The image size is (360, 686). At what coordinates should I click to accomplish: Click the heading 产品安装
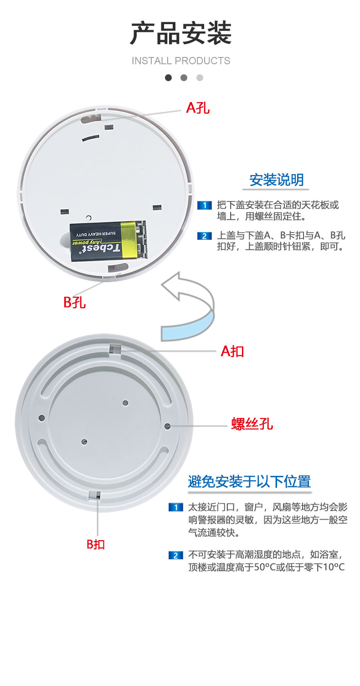180,33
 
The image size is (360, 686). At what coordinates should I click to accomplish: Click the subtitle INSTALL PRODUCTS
180,61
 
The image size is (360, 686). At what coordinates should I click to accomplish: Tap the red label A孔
198,108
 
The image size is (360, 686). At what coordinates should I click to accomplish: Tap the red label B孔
74,302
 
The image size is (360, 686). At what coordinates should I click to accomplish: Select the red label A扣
232,351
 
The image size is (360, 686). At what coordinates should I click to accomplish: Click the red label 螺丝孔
252,424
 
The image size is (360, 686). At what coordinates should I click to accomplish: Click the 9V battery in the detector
108,241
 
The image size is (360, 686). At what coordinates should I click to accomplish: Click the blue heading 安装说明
277,180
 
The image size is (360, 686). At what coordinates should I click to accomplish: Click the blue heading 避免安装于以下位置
249,481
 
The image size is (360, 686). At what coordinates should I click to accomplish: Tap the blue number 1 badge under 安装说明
205,205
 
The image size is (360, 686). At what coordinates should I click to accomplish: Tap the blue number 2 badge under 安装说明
205,236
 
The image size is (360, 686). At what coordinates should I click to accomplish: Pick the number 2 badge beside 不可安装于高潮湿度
176,556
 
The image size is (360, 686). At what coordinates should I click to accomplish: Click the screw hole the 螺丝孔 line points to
167,426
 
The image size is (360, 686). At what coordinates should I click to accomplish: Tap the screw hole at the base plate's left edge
41,418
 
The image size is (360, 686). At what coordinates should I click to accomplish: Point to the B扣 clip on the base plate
95,495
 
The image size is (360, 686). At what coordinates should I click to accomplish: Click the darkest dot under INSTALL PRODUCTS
168,78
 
